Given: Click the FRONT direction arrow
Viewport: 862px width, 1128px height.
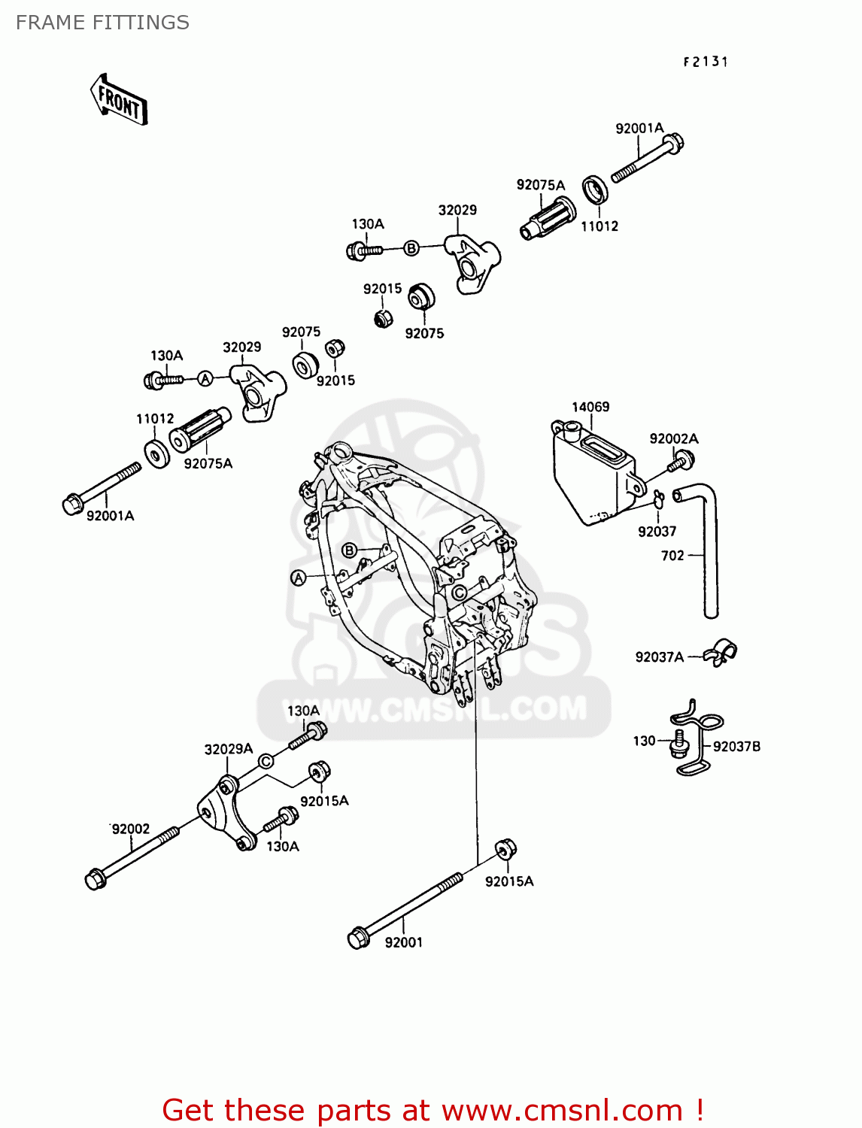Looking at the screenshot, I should coord(119,99).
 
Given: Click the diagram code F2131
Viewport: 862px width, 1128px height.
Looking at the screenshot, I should coord(705,62).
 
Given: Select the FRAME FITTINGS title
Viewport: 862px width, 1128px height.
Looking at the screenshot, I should coord(102,23).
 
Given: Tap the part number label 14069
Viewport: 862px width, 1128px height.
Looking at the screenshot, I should coord(590,407).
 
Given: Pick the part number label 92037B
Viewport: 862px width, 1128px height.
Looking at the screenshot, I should coord(736,746).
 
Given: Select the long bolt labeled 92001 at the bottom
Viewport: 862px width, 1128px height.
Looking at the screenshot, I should coord(406,911).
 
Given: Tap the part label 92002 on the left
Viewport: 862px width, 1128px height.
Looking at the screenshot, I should coord(131,829).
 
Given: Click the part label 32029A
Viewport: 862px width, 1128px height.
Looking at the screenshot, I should coord(228,749).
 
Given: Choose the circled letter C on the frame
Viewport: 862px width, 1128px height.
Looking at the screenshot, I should coord(459,593).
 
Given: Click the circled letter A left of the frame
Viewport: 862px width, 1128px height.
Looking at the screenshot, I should coord(299,578).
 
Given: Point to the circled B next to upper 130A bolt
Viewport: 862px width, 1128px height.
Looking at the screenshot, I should coord(411,248).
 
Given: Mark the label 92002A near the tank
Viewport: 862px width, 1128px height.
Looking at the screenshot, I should coord(673,438).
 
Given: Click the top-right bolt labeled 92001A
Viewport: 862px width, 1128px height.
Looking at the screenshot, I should coord(647,159).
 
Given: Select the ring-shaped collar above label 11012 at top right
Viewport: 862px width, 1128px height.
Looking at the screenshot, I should coord(596,190).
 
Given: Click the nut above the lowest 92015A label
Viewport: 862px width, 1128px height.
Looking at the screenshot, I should coord(505,849).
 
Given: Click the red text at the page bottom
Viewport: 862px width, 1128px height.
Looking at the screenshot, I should coord(433,1110).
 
